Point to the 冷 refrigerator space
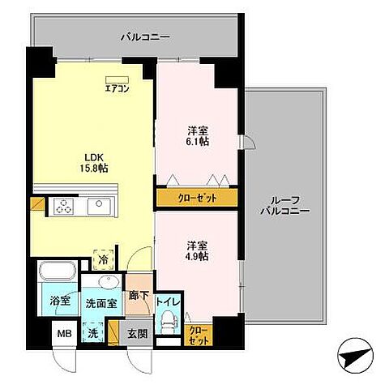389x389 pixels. pos(103,260)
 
